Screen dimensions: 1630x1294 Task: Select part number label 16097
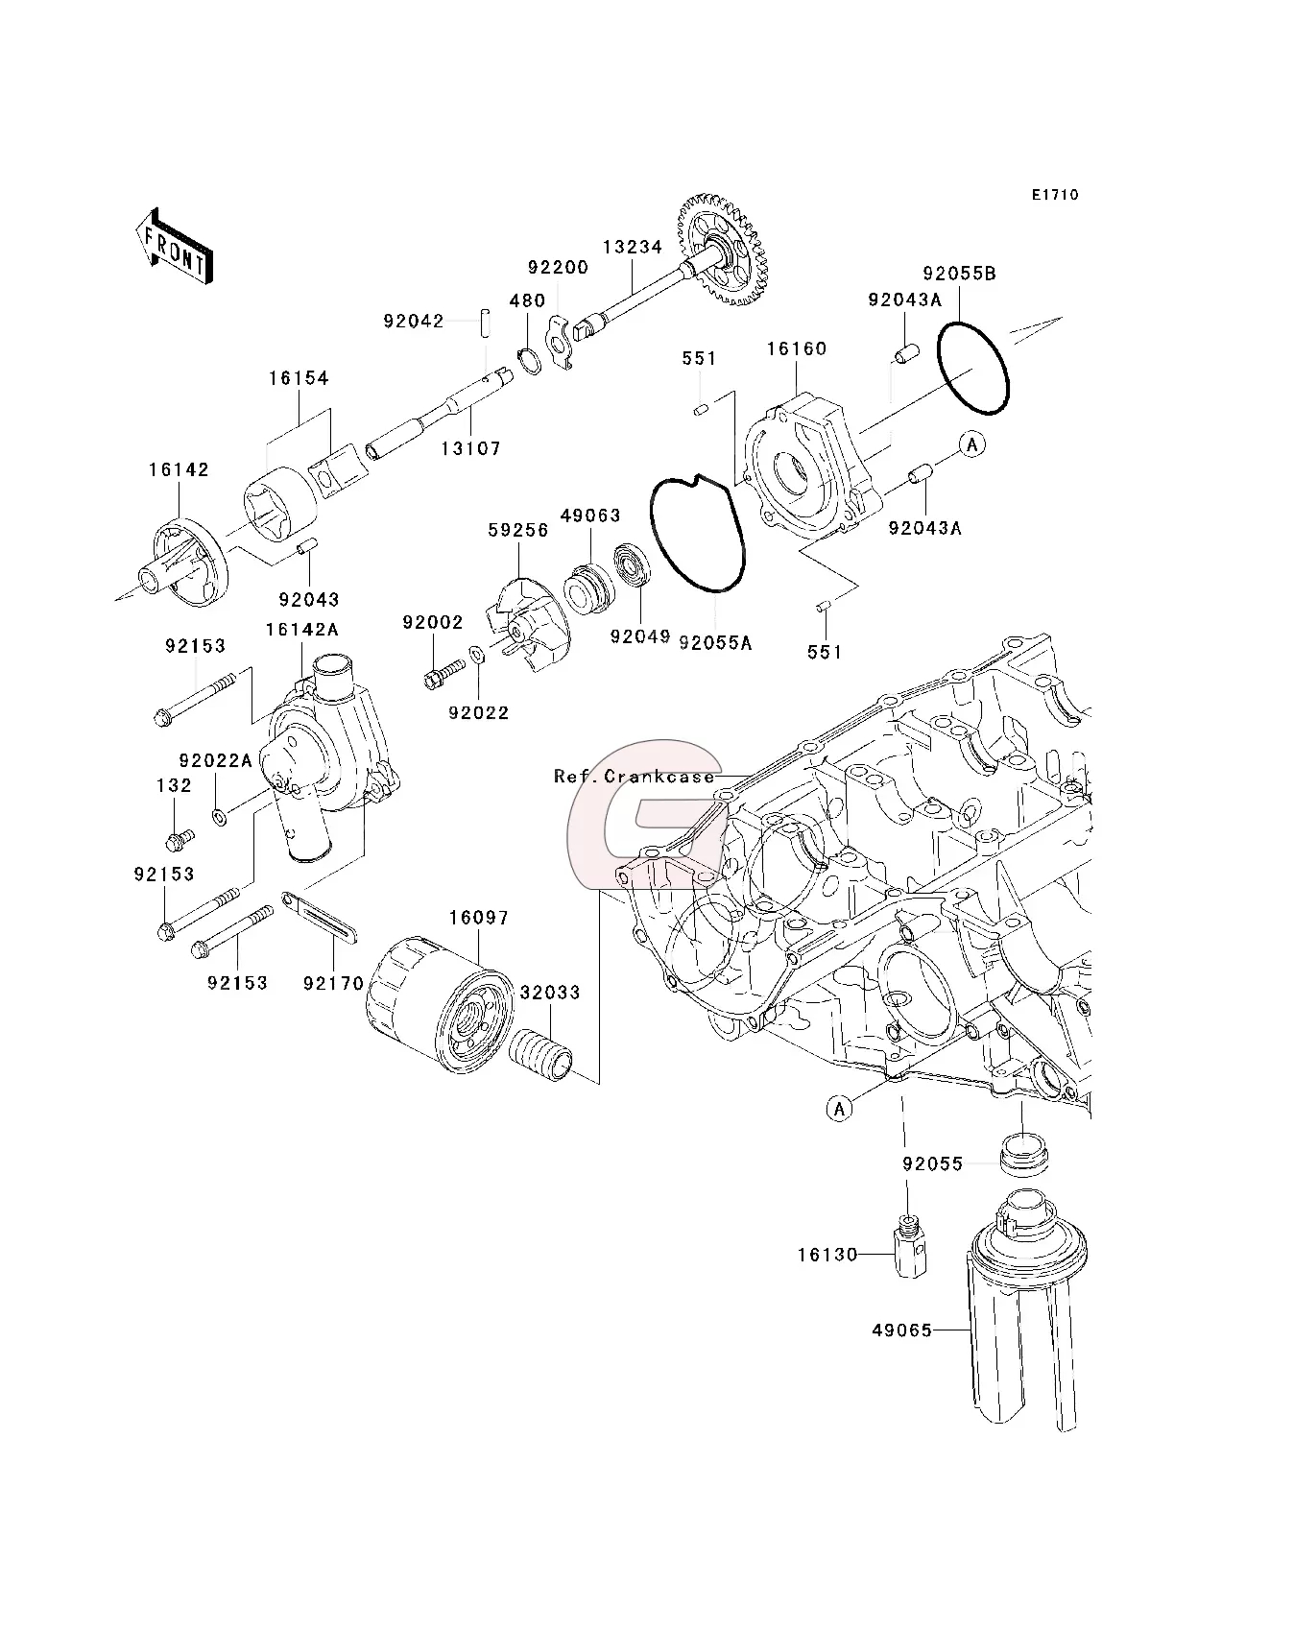pos(478,918)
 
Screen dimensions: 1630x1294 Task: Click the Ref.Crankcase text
pos(635,777)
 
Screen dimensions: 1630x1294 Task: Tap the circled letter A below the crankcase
pos(839,1110)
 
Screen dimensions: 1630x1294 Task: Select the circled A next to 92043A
pos(972,444)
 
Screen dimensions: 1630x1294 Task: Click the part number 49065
pos(901,1330)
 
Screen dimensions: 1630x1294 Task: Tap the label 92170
pos(333,983)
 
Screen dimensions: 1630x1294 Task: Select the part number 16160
pos(796,348)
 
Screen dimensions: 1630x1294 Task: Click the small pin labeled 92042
pos(486,321)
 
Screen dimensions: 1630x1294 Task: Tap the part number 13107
pos(470,448)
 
